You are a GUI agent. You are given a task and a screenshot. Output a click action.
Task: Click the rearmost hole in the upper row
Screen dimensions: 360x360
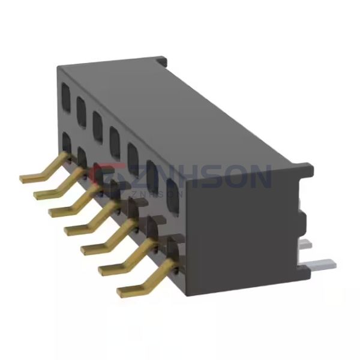click(65, 95)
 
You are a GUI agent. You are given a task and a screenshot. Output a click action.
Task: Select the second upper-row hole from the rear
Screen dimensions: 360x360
click(81, 106)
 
